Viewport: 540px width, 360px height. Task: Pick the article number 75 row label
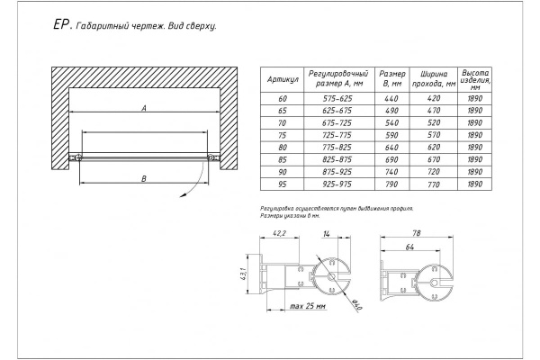pyautogui.click(x=283, y=132)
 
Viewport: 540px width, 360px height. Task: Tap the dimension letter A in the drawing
pyautogui.click(x=143, y=109)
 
